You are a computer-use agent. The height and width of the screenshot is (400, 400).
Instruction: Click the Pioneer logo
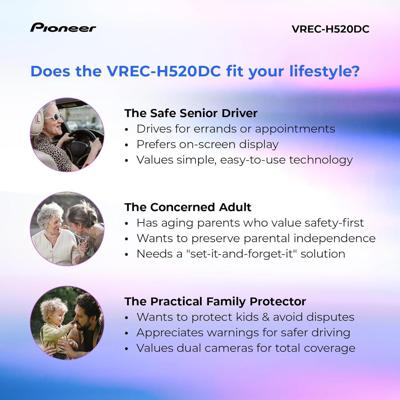[x=63, y=27]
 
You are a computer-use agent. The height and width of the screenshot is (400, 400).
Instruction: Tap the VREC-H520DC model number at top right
[x=330, y=29]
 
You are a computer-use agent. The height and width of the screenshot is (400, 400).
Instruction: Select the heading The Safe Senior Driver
[x=191, y=113]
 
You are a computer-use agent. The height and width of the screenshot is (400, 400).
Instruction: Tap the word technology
[x=321, y=160]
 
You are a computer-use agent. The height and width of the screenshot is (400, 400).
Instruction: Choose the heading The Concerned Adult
[x=188, y=207]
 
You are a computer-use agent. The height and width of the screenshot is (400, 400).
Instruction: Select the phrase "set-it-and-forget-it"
[x=242, y=254]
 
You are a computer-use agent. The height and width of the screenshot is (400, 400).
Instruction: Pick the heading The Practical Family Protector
[x=215, y=301]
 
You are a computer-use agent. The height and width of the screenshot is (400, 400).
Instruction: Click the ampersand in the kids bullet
[x=266, y=317]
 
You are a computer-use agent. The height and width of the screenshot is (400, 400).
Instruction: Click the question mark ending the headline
[x=355, y=71]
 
